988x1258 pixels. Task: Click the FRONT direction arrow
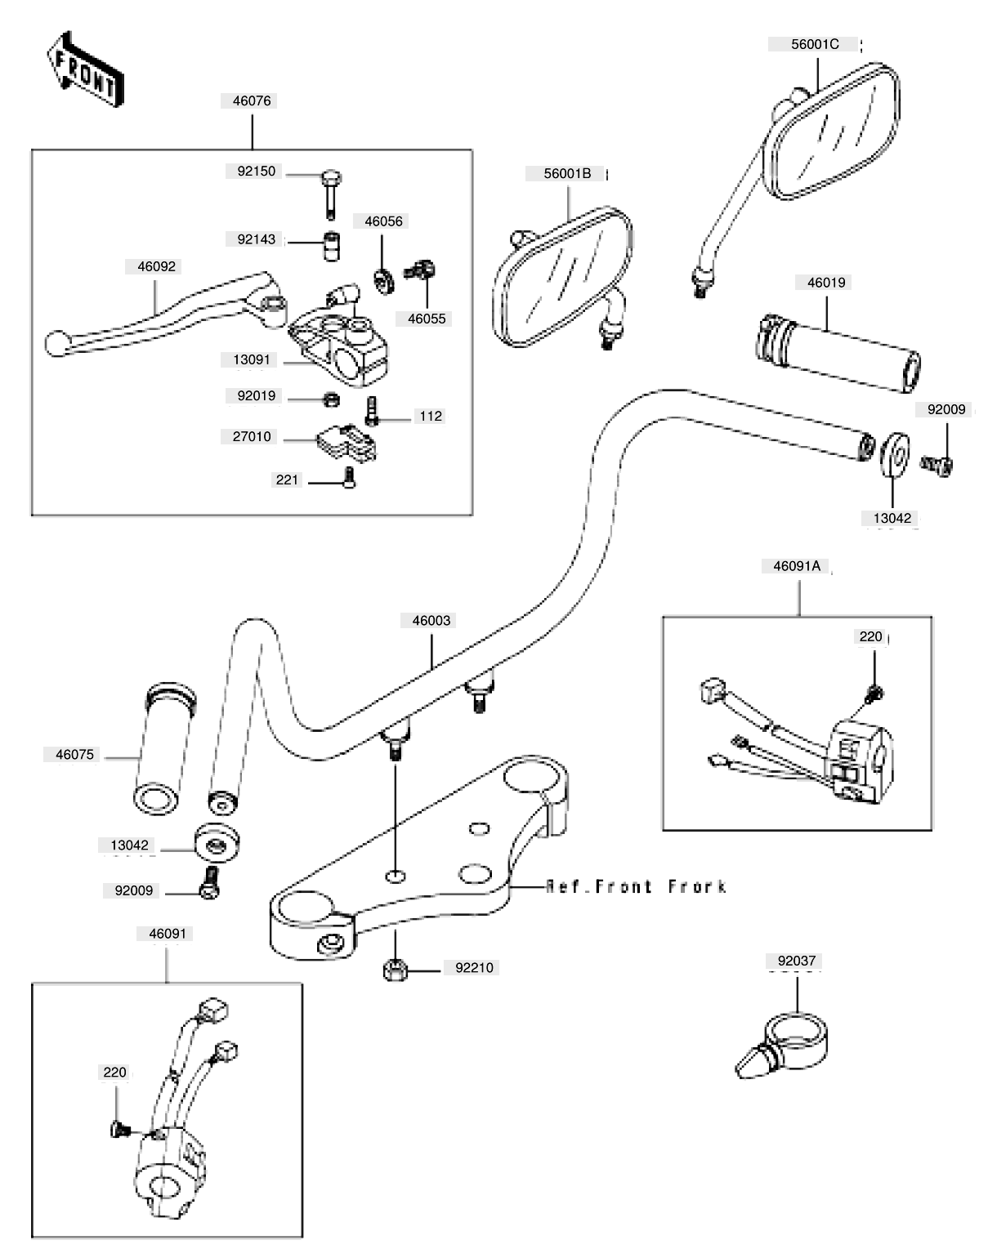85,69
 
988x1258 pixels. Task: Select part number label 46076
252,101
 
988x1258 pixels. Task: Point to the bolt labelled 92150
331,192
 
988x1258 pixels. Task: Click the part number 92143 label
256,239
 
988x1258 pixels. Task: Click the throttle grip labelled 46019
838,353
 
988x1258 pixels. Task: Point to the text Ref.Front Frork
636,886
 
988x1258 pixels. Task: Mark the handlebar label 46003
431,621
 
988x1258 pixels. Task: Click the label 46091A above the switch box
796,566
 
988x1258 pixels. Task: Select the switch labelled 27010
346,440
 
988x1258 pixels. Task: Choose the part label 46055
427,319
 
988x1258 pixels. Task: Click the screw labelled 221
350,478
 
